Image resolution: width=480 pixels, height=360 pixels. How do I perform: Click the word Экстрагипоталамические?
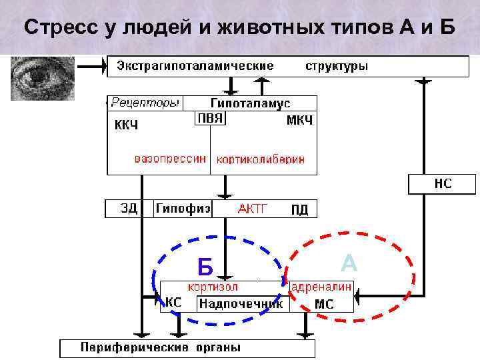[x=195, y=66]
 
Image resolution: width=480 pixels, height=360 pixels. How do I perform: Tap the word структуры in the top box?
[x=337, y=66]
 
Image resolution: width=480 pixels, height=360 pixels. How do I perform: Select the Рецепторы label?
[x=145, y=103]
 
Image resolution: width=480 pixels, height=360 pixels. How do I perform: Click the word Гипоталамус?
[x=250, y=103]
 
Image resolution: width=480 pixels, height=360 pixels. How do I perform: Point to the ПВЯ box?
[x=211, y=118]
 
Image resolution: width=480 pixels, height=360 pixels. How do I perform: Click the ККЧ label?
[x=126, y=125]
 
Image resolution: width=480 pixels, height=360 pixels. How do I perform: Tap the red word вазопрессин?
[x=171, y=160]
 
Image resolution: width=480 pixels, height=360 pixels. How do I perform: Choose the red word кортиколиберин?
[x=261, y=160]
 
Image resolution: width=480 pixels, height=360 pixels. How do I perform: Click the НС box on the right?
[x=443, y=183]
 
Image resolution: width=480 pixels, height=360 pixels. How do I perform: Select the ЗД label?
[x=129, y=209]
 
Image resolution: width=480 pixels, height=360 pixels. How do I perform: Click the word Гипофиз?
[x=183, y=209]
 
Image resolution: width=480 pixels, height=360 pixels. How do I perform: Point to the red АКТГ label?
[x=253, y=209]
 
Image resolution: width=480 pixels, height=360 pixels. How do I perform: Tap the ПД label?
[x=300, y=210]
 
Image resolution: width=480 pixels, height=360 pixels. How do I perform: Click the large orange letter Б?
[x=205, y=267]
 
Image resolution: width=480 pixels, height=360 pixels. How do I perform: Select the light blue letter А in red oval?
[x=349, y=263]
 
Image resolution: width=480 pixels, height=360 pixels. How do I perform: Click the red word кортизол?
[x=213, y=287]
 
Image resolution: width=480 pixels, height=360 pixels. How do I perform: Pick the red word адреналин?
[x=321, y=287]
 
